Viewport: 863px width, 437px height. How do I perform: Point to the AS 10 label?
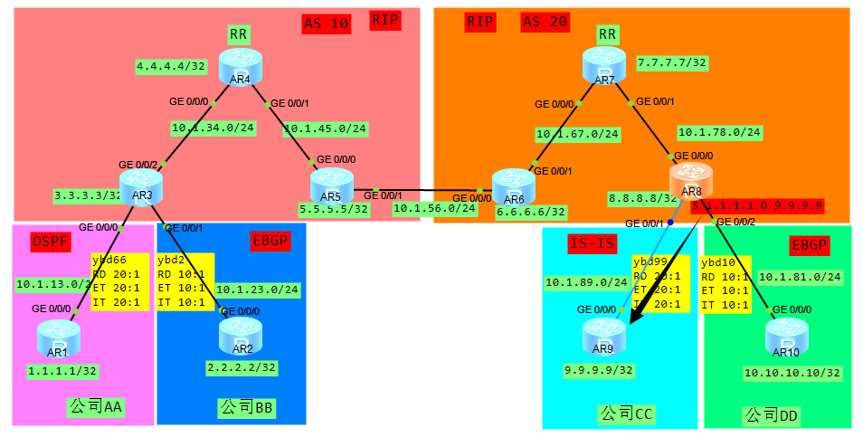click(x=326, y=24)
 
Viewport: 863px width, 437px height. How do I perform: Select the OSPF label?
click(x=52, y=242)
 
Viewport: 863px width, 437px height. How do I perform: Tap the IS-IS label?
click(x=594, y=243)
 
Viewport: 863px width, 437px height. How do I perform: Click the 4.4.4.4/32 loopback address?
click(x=171, y=66)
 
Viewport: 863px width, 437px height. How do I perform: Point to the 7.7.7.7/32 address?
click(x=671, y=62)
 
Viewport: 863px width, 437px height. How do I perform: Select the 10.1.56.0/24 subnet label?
click(x=434, y=208)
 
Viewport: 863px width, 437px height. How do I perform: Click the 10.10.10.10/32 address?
click(x=792, y=372)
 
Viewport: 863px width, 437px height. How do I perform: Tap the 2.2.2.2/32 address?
click(x=242, y=367)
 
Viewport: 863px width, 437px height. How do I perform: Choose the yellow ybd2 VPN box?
click(x=185, y=280)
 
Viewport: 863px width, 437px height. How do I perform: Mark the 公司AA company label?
click(x=95, y=408)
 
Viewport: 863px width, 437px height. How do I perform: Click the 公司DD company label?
click(x=772, y=415)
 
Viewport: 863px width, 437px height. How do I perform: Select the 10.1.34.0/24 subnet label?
click(x=213, y=128)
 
